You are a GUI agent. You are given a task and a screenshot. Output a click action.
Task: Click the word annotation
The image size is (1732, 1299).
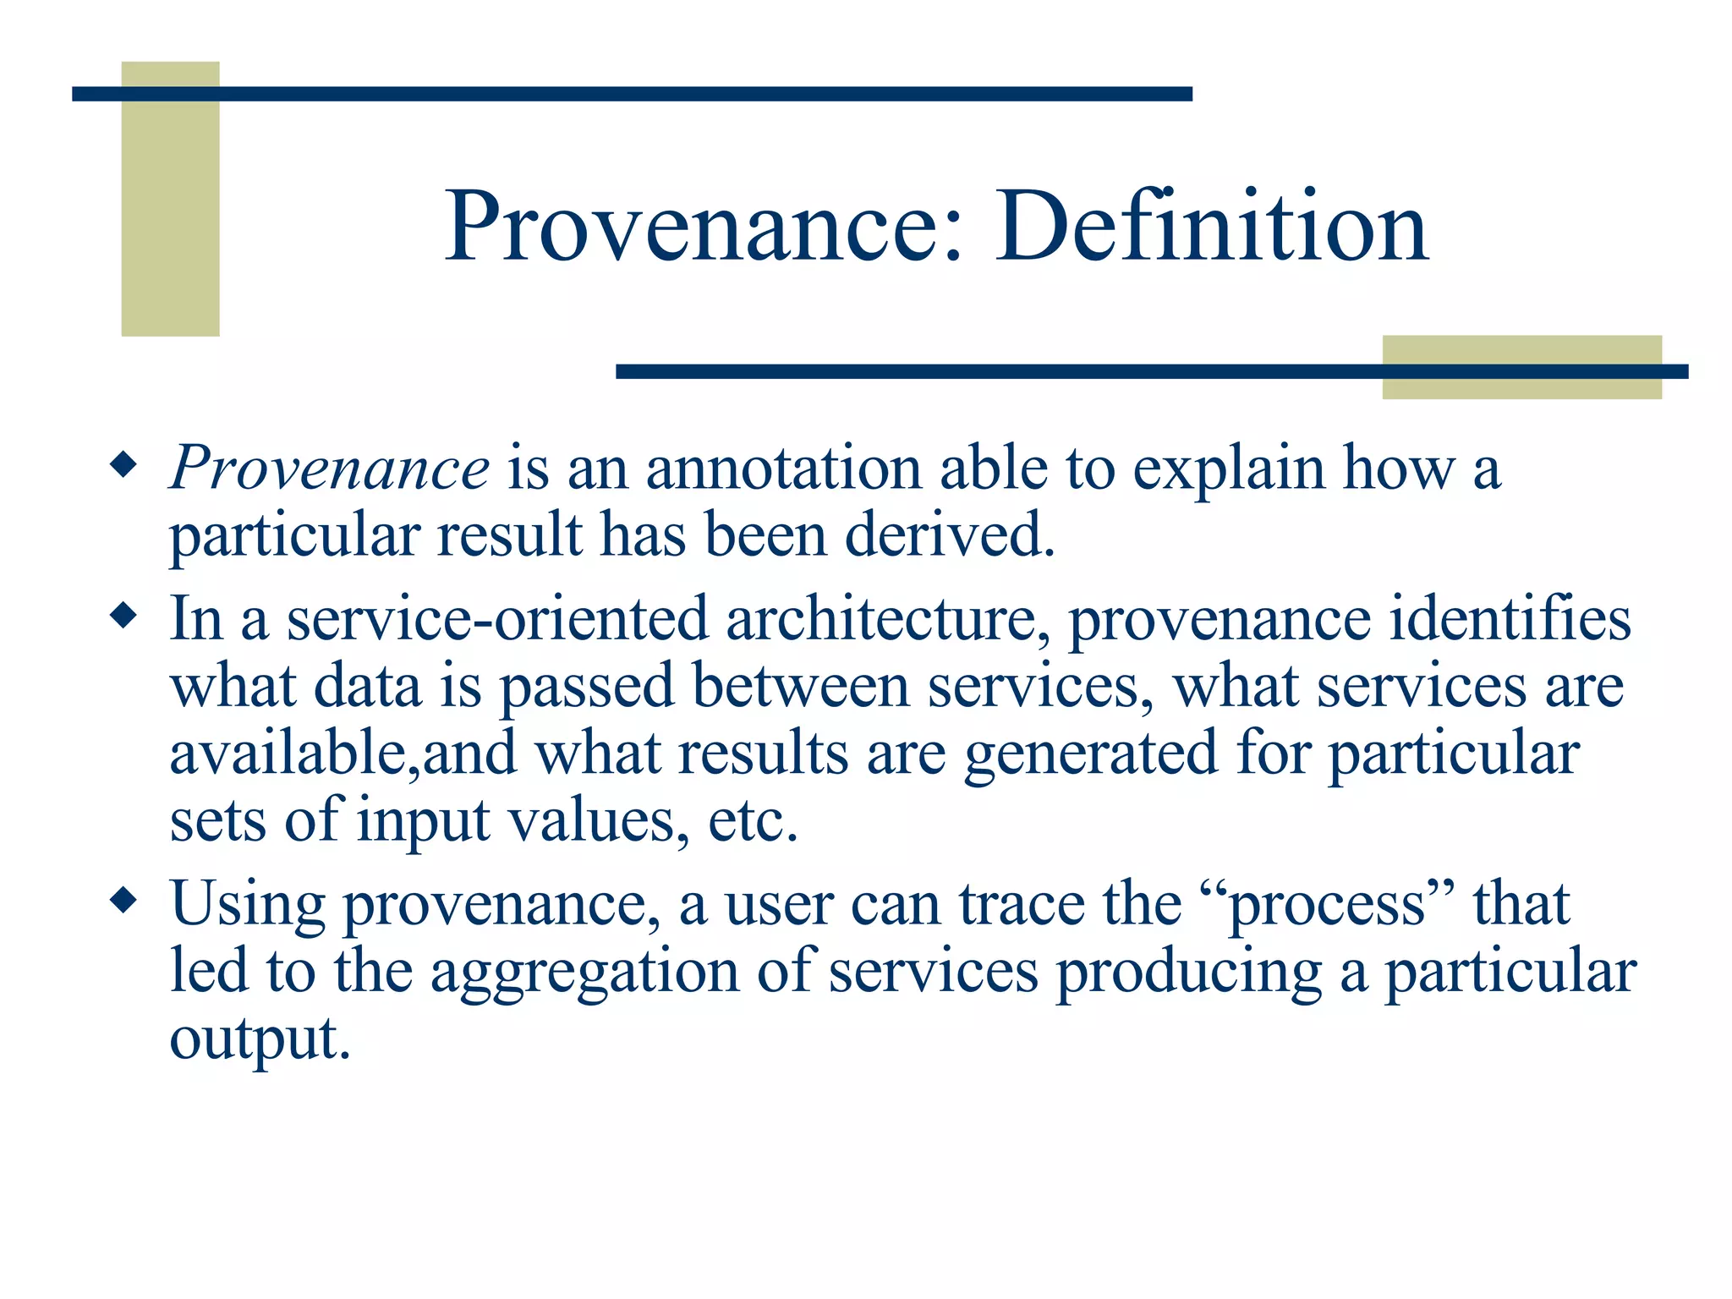783,468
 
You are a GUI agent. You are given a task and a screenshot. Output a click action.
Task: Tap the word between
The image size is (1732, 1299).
800,686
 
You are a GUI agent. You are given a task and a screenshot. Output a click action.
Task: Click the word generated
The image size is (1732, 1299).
1090,754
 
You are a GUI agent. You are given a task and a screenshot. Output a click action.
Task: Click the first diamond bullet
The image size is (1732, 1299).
123,465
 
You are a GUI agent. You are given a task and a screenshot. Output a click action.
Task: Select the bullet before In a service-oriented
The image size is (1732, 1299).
123,616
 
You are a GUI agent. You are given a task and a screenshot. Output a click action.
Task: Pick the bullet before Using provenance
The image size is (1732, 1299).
123,901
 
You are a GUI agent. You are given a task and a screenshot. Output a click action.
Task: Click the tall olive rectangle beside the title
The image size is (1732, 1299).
170,199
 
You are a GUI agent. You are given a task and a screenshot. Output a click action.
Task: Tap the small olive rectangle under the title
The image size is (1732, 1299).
1521,367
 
